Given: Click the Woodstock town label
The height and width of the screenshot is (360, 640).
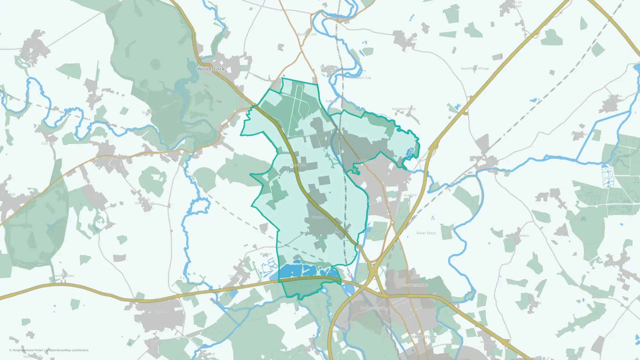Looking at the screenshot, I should (211, 69).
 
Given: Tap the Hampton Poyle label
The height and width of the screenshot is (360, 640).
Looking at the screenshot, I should (404, 109).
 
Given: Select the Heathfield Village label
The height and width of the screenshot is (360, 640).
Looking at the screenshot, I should (475, 68).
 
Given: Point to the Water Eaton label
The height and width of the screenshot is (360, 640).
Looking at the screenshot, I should (426, 233).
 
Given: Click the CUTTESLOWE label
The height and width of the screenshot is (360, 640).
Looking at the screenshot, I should (415, 285).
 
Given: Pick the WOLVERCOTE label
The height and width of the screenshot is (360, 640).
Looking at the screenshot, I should (372, 308).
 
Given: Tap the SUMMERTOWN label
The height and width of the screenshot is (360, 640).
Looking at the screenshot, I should (423, 337).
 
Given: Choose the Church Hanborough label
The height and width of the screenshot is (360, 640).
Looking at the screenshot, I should (144, 201).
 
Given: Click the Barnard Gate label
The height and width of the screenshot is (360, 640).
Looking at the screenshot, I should (64, 276).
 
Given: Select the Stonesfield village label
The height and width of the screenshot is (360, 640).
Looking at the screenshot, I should (33, 55).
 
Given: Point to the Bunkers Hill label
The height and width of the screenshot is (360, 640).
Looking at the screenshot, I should (307, 34).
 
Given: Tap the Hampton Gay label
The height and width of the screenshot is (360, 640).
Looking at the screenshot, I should (360, 78).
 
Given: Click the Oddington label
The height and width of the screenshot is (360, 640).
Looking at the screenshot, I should (579, 134).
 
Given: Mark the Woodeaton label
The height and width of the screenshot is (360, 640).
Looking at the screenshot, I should (520, 236).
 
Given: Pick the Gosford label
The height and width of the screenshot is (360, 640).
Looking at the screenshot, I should (410, 195).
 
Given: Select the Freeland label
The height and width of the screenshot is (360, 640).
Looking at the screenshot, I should (95, 197).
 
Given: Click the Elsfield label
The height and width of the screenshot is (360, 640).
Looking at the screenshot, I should (535, 303).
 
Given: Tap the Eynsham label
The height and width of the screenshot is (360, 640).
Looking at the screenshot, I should (161, 311).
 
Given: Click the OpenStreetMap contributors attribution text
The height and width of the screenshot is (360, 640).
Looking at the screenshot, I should (68, 350).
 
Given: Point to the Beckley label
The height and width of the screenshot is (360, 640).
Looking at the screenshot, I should (611, 262).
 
